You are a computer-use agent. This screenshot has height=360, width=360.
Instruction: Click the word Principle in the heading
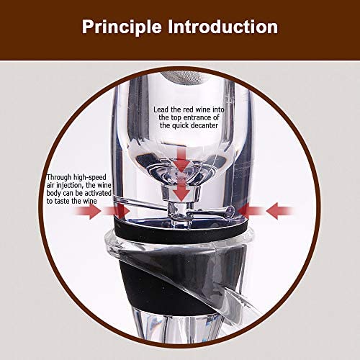[122, 27]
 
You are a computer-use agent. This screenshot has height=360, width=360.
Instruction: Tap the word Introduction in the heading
[223, 27]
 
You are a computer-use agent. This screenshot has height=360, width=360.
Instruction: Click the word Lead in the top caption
[161, 109]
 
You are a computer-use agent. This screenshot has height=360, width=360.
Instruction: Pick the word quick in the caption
[180, 126]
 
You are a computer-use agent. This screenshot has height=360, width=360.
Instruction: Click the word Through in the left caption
[59, 177]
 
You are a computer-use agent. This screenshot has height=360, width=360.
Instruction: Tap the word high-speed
[90, 178]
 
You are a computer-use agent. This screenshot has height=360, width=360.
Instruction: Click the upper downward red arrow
[182, 159]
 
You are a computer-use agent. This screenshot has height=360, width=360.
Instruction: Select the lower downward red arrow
[182, 190]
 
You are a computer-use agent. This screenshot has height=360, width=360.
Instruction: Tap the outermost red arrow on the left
[89, 211]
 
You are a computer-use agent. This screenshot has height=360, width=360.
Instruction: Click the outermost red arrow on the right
[279, 211]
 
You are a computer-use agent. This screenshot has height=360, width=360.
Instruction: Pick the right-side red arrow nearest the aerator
[251, 211]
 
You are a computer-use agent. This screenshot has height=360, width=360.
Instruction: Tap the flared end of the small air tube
[230, 211]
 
